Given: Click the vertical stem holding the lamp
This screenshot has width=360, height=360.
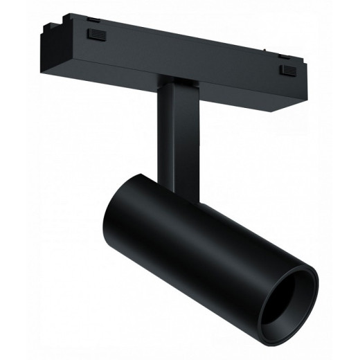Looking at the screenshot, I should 179,138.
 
